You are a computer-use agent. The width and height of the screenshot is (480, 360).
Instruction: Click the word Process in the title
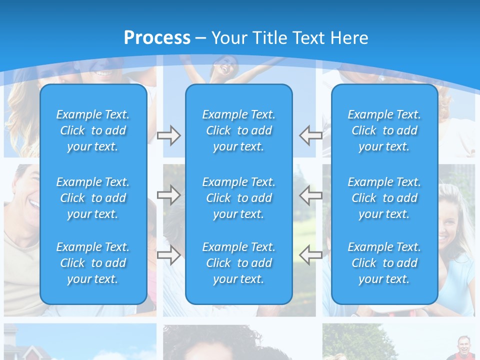point(157,38)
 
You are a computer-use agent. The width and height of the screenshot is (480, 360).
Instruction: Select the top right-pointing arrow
point(168,135)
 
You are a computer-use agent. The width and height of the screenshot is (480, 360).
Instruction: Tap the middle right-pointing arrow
point(168,195)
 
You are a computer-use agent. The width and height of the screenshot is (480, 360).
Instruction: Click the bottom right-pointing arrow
point(168,255)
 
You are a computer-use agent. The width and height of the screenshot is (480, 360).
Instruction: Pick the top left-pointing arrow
point(311,135)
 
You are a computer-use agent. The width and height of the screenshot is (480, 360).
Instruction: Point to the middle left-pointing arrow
point(311,195)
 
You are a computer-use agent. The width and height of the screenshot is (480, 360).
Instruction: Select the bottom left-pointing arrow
point(311,255)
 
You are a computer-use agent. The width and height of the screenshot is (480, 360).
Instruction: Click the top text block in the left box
point(93,130)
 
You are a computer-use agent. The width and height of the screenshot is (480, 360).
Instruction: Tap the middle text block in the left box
point(93,198)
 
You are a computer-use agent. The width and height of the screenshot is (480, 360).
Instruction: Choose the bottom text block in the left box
point(93,263)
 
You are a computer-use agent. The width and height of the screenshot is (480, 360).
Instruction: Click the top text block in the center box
point(238,130)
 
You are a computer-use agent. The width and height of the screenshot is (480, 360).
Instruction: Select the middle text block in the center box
point(238,198)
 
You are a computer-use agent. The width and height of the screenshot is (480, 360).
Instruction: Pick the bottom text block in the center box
point(238,263)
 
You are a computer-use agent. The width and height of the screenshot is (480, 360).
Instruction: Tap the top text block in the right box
point(384,130)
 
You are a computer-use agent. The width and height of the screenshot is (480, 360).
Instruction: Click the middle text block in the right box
point(384,198)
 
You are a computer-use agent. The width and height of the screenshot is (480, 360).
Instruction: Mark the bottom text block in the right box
point(384,263)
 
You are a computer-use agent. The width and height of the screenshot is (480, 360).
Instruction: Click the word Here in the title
point(349,38)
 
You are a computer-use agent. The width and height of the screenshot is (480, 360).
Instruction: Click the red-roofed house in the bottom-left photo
point(25,345)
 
